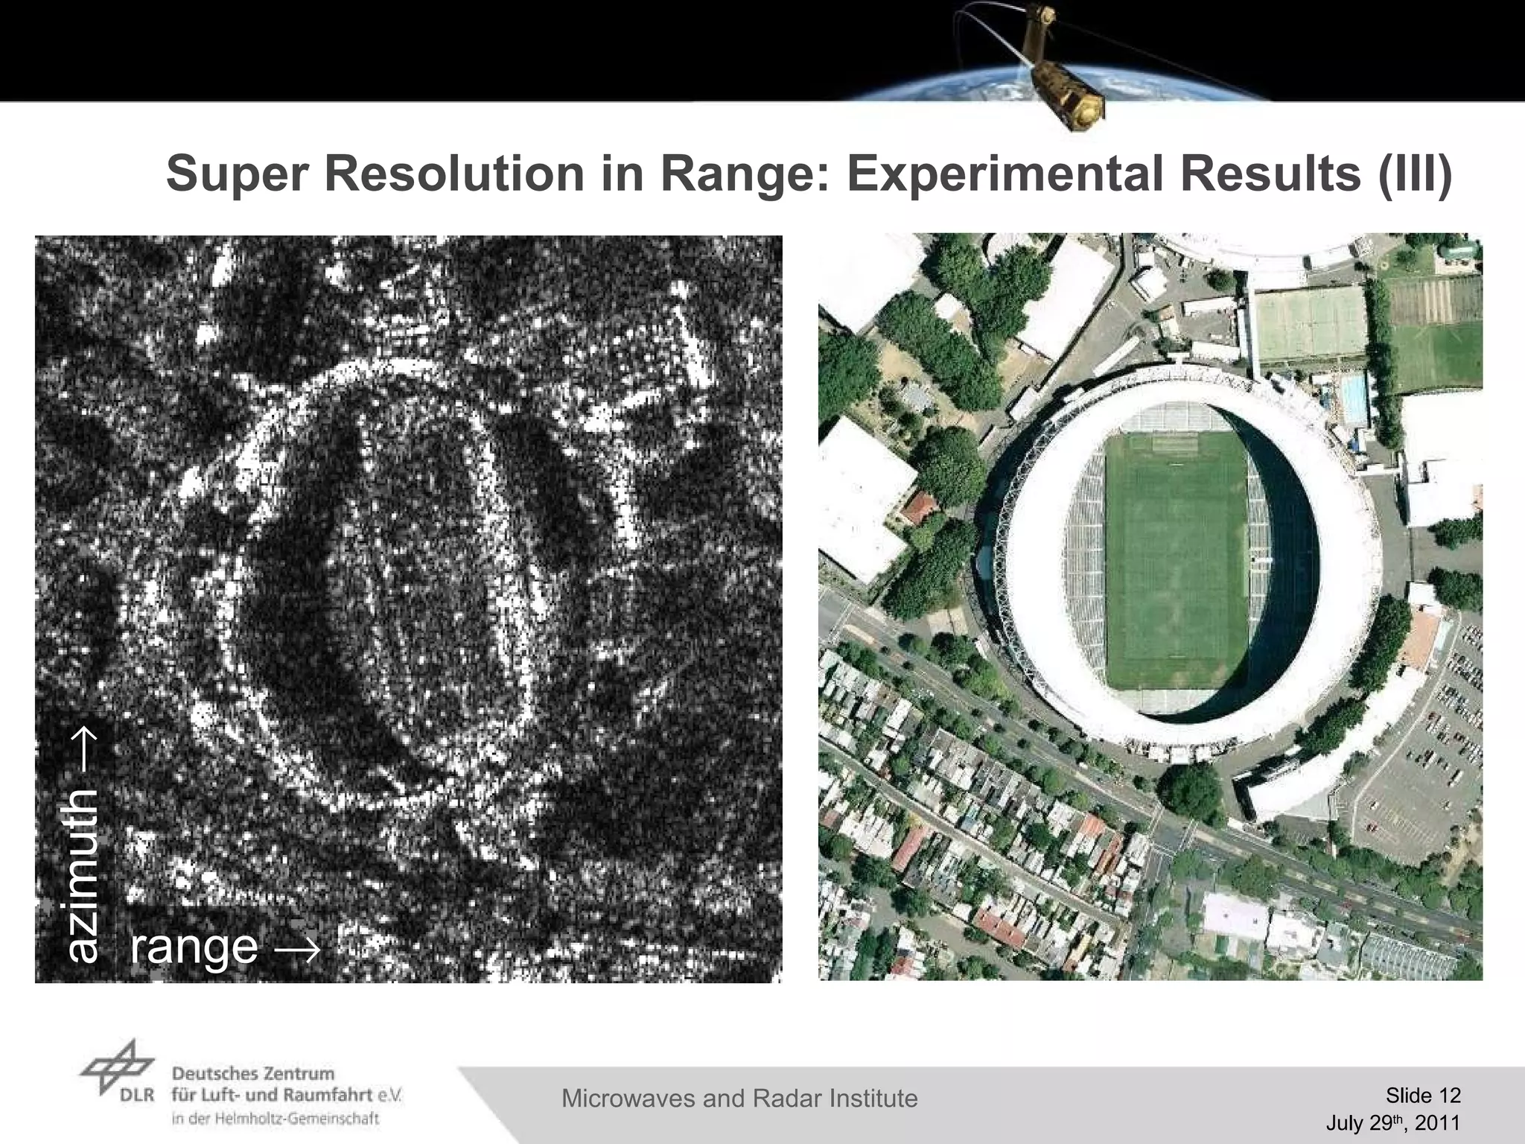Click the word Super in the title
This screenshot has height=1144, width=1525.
pos(236,174)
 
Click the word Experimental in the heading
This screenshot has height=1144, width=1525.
pos(1005,174)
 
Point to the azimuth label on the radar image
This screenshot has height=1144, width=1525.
pos(83,876)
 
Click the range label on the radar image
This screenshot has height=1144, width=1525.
pos(194,946)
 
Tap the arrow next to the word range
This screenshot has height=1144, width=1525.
pos(298,948)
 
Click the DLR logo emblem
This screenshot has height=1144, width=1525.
pos(118,1067)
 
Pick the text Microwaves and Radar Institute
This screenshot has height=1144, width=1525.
pos(739,1098)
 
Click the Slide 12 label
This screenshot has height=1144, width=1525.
pos(1423,1095)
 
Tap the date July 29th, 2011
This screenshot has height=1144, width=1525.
pos(1392,1123)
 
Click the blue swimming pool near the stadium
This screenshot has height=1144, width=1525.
pos(1353,398)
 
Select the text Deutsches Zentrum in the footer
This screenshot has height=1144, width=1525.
pos(253,1073)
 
